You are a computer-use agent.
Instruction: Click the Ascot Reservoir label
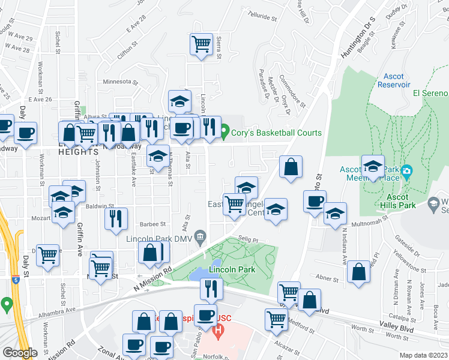(x=393, y=80)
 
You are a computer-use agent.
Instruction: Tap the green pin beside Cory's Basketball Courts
(x=225, y=132)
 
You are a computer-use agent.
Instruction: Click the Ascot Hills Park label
(x=393, y=201)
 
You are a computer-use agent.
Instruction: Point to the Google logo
(x=19, y=353)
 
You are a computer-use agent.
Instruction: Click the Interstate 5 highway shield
(x=15, y=279)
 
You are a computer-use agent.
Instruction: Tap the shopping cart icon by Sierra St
(x=201, y=44)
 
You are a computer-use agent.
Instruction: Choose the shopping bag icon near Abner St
(x=358, y=271)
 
